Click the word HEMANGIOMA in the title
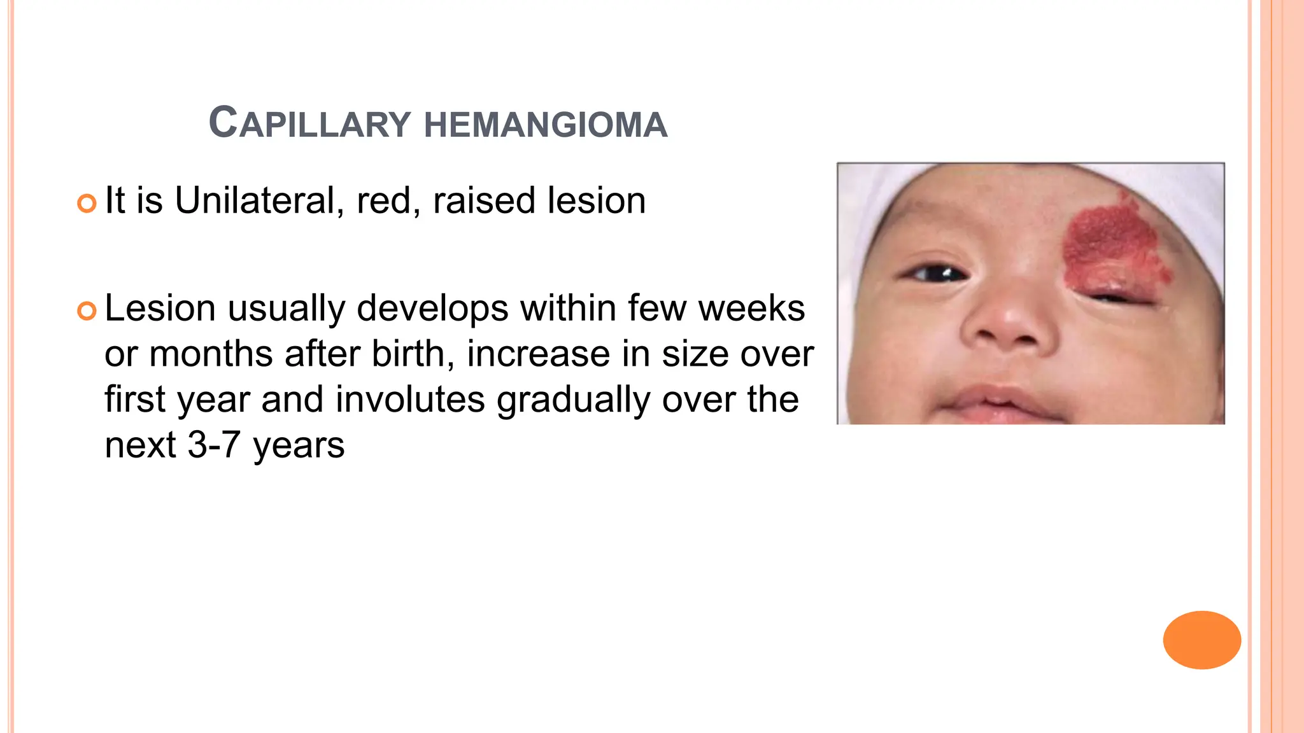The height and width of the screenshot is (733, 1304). pos(546,124)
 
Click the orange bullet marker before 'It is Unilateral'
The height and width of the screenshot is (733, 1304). pos(87,203)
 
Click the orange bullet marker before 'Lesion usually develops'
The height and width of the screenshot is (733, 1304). pos(87,311)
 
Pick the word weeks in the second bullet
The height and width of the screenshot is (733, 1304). pos(751,309)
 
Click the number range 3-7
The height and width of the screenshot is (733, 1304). pos(214,445)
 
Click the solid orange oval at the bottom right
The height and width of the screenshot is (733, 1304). pos(1201,639)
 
